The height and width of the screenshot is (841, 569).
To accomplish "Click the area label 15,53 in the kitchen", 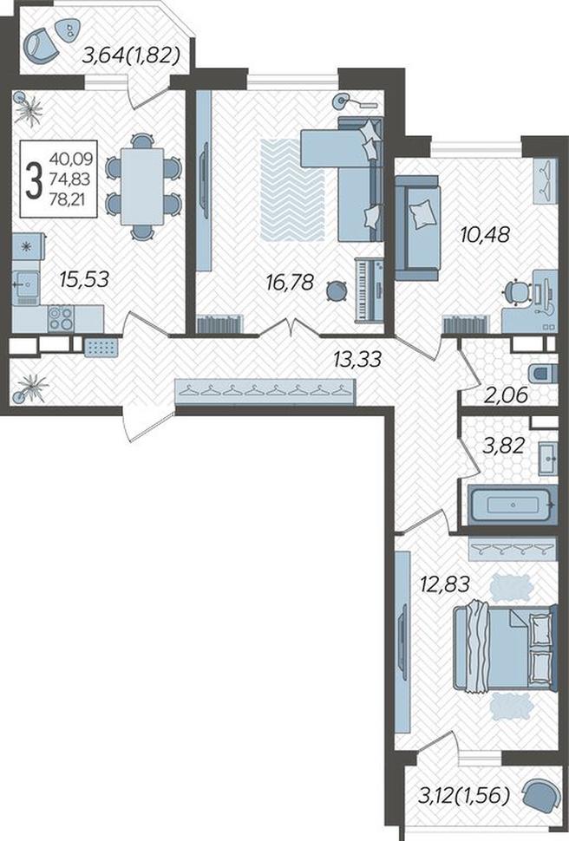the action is coord(84,279).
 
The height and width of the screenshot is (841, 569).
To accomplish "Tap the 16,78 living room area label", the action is coord(290,282).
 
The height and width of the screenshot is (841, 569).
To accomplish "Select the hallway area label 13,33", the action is coord(357,359).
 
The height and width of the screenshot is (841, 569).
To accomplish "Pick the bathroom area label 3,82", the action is coord(503,445).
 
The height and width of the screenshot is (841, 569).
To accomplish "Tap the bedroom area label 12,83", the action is coord(446,582).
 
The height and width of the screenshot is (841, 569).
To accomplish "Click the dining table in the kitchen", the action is coord(141,186).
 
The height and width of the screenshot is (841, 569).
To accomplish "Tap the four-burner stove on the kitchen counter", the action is coord(60,318).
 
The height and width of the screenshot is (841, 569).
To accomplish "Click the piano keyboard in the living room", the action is coord(370,290).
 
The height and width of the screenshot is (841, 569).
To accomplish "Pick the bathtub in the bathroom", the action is coord(511,505).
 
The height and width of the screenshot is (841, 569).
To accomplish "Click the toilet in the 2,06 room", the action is coord(542,373).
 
